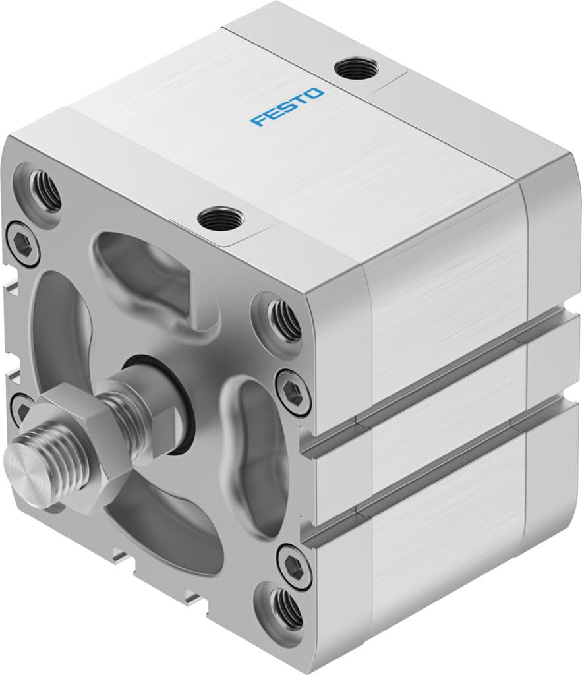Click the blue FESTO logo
(x=287, y=107)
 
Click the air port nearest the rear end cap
(x=356, y=68)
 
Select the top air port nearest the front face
(x=220, y=218)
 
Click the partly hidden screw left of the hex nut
(x=20, y=409)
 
